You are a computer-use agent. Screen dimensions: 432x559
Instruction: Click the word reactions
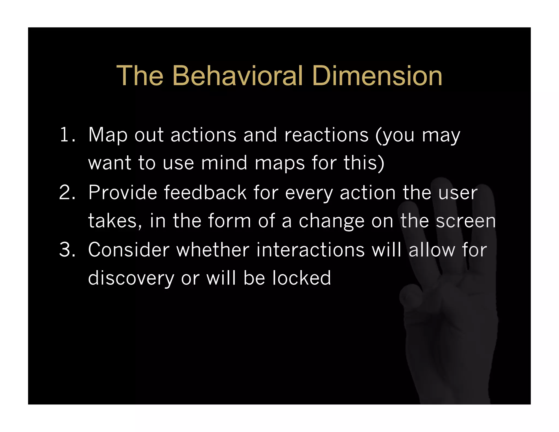coord(326,135)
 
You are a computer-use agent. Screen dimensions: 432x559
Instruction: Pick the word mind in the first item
coord(224,163)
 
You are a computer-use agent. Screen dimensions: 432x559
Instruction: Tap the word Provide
coord(123,193)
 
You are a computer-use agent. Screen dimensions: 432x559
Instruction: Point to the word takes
coord(112,221)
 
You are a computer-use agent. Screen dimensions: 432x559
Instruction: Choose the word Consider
coord(129,250)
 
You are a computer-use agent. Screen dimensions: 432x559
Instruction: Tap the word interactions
coord(310,250)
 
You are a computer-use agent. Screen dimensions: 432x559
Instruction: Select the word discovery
coord(131,278)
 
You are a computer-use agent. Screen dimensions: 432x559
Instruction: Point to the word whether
coord(213,250)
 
